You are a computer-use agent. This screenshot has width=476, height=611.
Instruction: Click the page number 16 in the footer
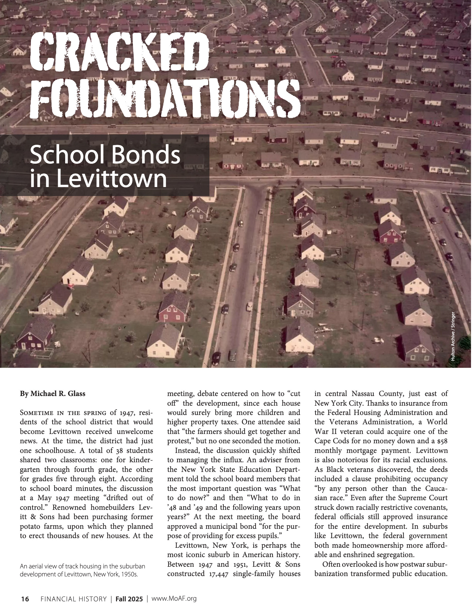[25, 599]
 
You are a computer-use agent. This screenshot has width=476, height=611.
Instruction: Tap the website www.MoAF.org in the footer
[174, 599]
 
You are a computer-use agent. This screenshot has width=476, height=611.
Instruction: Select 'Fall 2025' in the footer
[129, 599]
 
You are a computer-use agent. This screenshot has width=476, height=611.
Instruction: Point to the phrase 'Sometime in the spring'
[63, 413]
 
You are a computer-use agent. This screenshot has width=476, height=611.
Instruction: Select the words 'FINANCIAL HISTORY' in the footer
[73, 599]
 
